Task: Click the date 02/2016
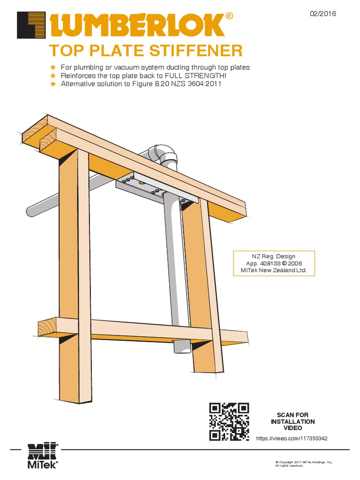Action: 323,14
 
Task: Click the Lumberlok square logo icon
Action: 31,25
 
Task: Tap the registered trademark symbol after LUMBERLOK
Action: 229,16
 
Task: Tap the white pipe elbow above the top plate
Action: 164,155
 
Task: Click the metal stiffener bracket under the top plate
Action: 150,188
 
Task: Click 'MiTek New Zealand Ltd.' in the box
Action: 274,270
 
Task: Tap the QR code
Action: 229,421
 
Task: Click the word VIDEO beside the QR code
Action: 292,428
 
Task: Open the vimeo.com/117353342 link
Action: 291,438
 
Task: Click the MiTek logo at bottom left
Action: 43,455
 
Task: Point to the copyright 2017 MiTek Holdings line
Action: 303,462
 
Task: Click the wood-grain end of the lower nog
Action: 47,328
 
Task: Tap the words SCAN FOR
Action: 292,415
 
